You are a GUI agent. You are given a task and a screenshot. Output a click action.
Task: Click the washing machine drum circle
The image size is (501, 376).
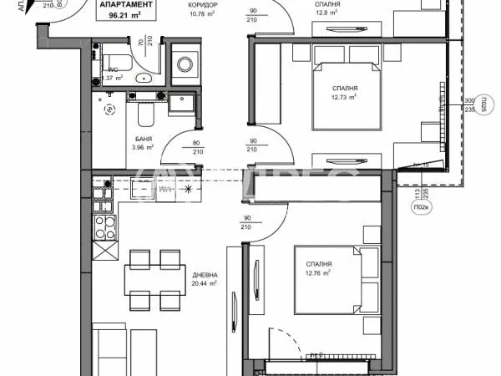[183, 69]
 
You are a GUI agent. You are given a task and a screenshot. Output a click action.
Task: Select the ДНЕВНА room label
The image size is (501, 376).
[205, 275]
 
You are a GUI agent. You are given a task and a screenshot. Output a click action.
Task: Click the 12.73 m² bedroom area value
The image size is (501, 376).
[344, 96]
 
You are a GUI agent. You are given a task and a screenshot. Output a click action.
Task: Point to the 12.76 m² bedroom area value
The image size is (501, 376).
[317, 272]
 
